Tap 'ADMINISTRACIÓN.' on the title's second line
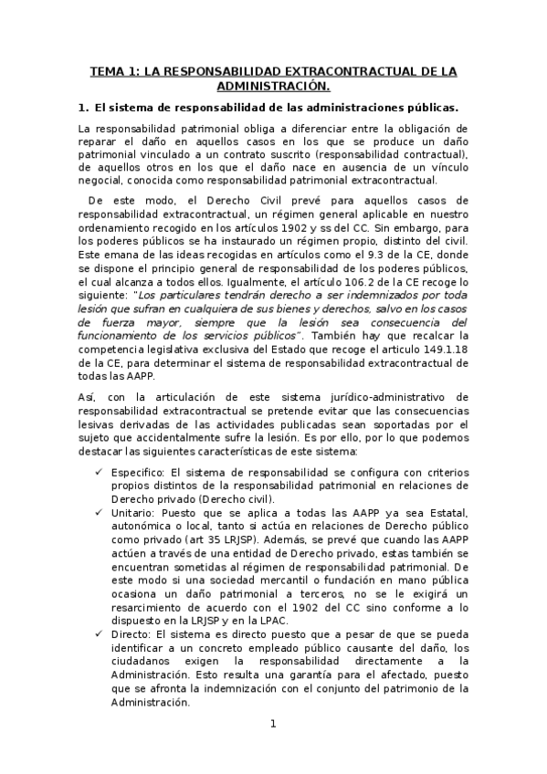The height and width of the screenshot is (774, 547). click(x=273, y=86)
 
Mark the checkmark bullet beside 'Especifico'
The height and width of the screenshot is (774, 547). click(x=99, y=474)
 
